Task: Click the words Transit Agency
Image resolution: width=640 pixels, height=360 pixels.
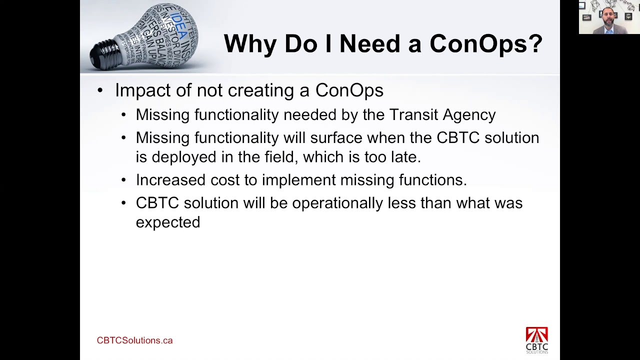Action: coord(442,115)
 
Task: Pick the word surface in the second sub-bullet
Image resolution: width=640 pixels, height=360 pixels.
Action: coord(336,138)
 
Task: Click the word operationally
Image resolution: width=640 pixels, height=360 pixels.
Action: coord(337,203)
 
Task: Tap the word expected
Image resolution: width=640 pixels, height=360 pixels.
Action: coord(168,222)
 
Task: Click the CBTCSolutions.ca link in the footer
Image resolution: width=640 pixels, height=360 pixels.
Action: coord(134,340)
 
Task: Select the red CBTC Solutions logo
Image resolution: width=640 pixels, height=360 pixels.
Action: coord(536,340)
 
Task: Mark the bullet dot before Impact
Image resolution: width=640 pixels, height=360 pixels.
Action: coord(100,90)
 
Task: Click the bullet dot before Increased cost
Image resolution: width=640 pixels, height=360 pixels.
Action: coord(124,180)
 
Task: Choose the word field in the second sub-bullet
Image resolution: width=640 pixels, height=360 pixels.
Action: coord(280,157)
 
